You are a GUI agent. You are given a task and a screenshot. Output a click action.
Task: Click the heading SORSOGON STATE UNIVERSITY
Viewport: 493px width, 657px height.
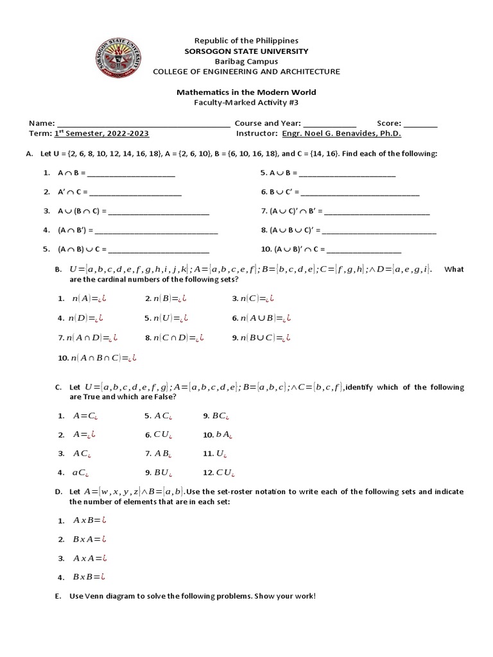(246, 51)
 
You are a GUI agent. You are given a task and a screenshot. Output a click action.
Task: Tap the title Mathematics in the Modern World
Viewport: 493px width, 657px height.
(246, 92)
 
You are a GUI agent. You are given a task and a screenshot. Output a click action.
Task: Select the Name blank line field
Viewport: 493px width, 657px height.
(144, 124)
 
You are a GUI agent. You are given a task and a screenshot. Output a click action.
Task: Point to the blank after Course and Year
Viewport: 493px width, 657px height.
(329, 124)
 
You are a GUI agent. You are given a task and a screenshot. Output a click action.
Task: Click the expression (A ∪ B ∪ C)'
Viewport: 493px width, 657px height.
(292, 230)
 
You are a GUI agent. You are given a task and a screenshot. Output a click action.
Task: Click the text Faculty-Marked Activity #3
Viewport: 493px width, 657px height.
(246, 103)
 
